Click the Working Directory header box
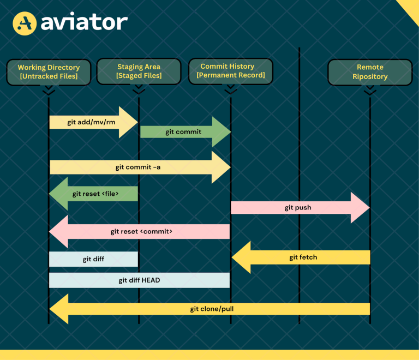click(49, 72)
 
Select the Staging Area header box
click(139, 71)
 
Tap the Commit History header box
click(230, 71)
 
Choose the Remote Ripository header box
click(370, 72)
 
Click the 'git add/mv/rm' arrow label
click(91, 122)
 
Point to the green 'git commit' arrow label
click(183, 132)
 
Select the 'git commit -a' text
click(138, 167)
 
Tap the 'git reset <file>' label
click(95, 194)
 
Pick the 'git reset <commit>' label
click(141, 231)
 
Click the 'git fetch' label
click(303, 257)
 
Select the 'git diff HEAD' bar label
click(139, 280)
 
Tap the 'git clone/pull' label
click(212, 309)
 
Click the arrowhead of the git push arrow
click(360, 207)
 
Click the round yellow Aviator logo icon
click(25, 23)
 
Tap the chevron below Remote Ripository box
click(370, 91)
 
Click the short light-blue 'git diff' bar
click(93, 259)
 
